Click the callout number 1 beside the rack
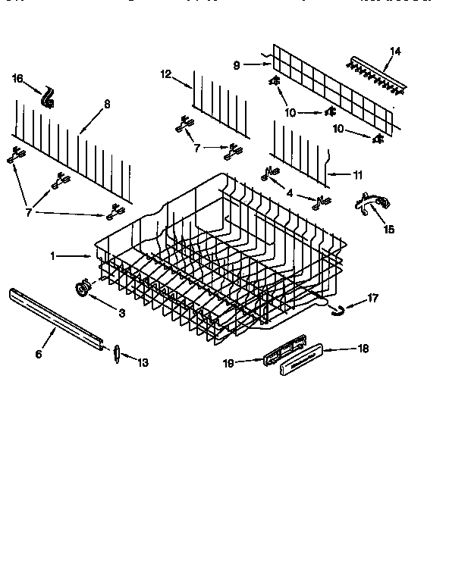(53, 256)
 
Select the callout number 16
(19, 78)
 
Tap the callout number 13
(142, 362)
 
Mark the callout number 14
(394, 52)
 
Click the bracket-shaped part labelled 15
(372, 205)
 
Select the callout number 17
(372, 299)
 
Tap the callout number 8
(107, 104)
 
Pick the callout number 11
(357, 174)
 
